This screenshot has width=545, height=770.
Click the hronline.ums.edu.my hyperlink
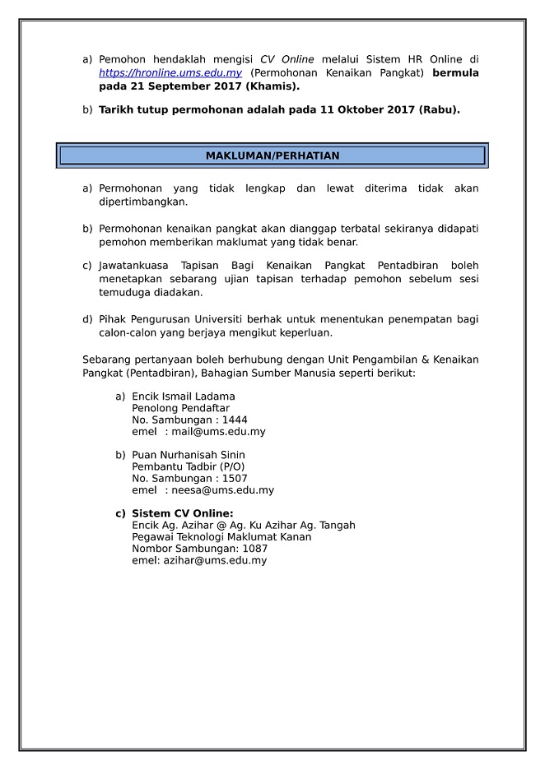tap(170, 73)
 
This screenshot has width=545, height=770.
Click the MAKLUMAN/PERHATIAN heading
tap(272, 155)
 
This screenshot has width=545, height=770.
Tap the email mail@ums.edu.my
tap(218, 431)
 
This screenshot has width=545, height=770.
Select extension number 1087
tap(244, 549)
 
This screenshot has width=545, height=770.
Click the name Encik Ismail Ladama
tap(183, 397)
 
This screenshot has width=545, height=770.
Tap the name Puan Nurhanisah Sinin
tap(189, 455)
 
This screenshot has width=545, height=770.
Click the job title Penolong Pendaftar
tap(180, 408)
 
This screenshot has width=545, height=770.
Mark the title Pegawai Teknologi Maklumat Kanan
tap(221, 537)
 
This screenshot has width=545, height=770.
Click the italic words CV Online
tap(286, 61)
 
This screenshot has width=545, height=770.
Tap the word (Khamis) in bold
tap(272, 86)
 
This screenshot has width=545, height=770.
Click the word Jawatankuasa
tap(135, 266)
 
